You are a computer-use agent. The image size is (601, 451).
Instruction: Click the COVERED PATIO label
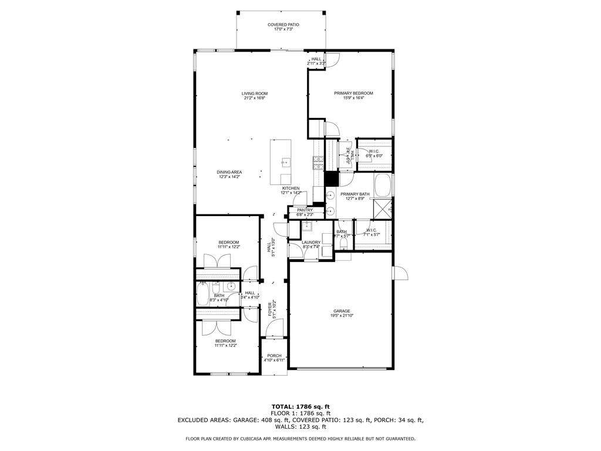283,25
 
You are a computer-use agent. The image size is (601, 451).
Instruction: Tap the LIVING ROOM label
255,93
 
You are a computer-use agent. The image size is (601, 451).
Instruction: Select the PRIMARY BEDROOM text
353,93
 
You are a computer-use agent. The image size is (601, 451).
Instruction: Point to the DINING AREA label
230,172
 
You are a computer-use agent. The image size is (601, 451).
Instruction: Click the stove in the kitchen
318,162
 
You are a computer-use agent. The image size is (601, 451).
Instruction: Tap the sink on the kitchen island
286,161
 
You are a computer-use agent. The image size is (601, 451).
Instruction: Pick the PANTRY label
305,210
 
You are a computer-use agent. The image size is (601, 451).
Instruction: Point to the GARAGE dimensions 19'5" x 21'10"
342,316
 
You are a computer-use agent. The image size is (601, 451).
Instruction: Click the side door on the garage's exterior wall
400,273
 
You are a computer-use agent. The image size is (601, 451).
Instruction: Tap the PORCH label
274,355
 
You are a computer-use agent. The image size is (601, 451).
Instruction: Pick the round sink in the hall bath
231,287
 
